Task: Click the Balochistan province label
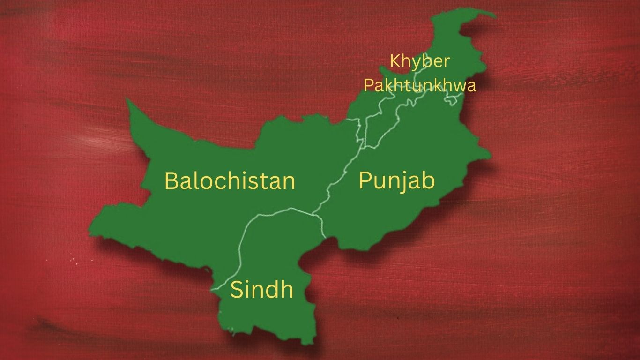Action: click(230, 180)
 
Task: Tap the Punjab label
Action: click(396, 180)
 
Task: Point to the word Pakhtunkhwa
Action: click(420, 85)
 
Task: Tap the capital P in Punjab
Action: click(365, 180)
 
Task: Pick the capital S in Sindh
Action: click(237, 290)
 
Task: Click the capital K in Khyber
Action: click(394, 61)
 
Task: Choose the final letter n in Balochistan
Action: click(289, 182)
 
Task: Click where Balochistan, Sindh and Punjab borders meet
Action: click(313, 216)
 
